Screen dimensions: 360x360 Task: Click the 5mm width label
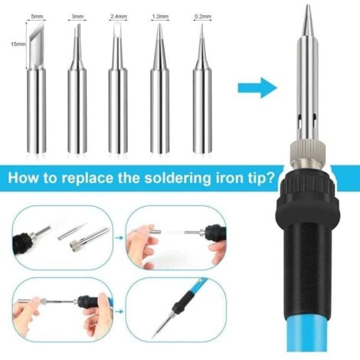coord(37,15)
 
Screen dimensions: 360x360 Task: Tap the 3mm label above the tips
coord(78,15)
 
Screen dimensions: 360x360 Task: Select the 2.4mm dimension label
coord(119,15)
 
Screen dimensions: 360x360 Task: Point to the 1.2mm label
coord(160,15)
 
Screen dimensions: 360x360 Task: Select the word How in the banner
coord(25,181)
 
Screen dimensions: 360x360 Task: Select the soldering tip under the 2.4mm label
coord(119,100)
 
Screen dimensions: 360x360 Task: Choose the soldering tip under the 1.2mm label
coord(160,100)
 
